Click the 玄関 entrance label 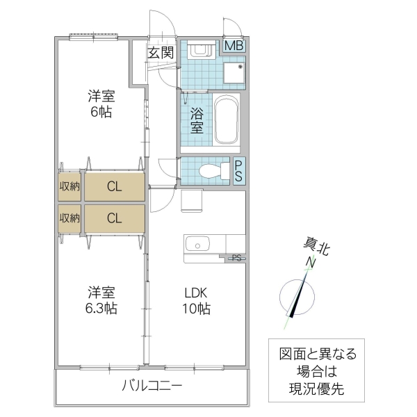click(x=159, y=53)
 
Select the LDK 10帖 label click(x=196, y=300)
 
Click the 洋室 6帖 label click(x=100, y=104)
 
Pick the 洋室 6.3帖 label click(x=101, y=300)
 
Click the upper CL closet click(x=115, y=186)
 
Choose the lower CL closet click(x=115, y=218)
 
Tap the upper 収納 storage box click(x=69, y=186)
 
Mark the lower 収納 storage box click(x=69, y=218)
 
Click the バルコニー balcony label click(x=152, y=385)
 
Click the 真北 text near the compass click(x=316, y=245)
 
